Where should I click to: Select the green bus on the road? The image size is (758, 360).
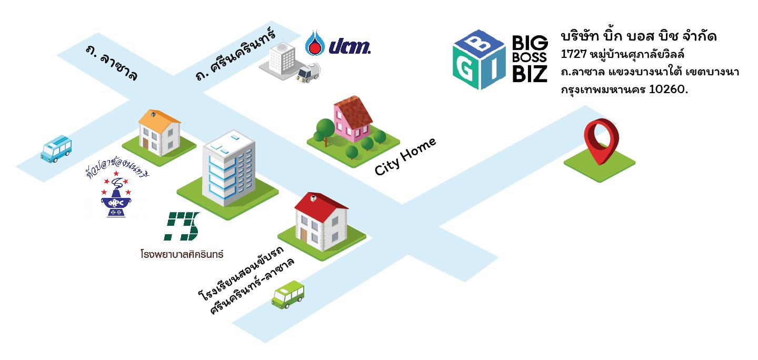click(288, 295)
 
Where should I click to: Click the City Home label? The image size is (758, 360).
click(405, 156)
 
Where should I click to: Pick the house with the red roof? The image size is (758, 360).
click(321, 222)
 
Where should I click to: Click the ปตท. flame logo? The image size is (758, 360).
click(314, 43)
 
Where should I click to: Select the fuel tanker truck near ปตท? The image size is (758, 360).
click(307, 74)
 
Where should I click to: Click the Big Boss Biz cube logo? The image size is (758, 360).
click(479, 59)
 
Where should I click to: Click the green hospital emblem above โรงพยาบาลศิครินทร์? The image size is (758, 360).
click(182, 226)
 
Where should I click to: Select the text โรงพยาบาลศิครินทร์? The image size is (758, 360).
click(182, 254)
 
